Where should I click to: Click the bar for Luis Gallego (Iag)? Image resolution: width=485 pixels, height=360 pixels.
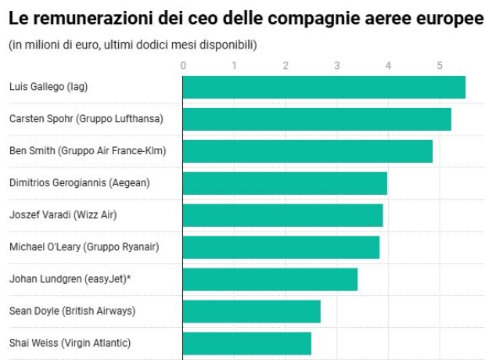tap(324, 87)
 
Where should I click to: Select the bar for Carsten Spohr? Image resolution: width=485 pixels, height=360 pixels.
tap(317, 119)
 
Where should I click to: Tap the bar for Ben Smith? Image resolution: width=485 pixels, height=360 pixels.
tap(307, 151)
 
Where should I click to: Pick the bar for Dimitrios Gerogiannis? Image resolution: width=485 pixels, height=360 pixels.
tap(285, 183)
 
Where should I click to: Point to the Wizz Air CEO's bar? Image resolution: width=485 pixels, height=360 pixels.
tap(282, 215)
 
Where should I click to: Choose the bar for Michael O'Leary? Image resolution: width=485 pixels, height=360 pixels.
tap(281, 247)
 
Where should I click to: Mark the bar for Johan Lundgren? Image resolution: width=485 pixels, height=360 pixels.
tap(270, 279)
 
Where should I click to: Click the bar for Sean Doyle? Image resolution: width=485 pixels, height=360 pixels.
tap(251, 311)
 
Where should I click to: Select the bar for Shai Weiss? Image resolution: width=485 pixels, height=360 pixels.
tap(246, 343)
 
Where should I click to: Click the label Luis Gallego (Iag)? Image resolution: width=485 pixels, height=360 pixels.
tap(48, 87)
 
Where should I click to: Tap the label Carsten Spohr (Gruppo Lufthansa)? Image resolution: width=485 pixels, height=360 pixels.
tap(86, 119)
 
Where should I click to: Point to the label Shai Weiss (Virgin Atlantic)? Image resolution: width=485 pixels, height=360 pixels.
tap(70, 343)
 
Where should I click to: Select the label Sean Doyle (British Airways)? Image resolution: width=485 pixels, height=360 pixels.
tap(72, 311)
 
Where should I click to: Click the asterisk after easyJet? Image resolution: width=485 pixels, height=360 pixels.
tap(128, 278)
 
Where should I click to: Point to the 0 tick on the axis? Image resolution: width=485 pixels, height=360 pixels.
tap(183, 66)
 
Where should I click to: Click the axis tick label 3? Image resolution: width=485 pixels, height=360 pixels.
tap(337, 66)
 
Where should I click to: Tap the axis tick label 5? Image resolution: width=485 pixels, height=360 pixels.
tap(440, 66)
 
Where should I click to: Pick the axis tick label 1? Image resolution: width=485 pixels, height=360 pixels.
tap(235, 66)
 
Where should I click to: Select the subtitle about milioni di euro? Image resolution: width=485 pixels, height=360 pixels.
tap(132, 45)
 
